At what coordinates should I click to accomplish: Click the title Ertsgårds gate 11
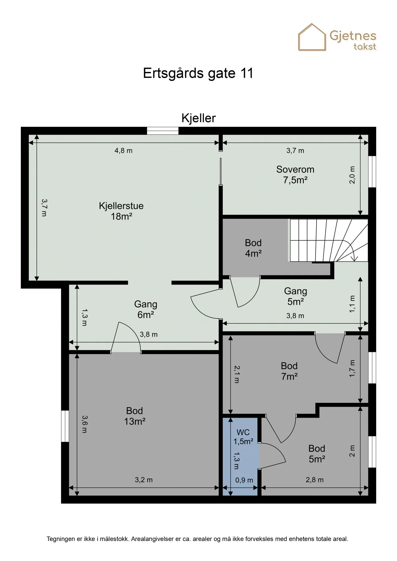(198, 73)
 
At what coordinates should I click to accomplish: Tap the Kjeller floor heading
(199, 118)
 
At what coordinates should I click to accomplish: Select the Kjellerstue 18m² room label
(121, 211)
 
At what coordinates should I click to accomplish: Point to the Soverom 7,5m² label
(295, 175)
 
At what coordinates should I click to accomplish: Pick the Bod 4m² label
(253, 248)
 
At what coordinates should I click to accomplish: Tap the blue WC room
(240, 457)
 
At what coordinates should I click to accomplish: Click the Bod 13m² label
(135, 416)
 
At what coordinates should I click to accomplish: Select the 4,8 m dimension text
(123, 151)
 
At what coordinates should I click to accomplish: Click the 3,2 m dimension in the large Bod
(144, 480)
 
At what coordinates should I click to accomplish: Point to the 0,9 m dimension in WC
(244, 480)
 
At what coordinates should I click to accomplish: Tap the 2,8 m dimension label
(315, 480)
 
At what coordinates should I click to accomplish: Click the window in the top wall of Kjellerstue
(163, 131)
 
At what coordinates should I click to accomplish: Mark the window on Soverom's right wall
(372, 171)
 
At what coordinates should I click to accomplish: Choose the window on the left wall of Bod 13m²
(65, 426)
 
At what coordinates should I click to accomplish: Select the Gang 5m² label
(296, 296)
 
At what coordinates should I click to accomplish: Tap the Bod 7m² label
(289, 371)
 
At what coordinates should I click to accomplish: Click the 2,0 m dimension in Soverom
(352, 175)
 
